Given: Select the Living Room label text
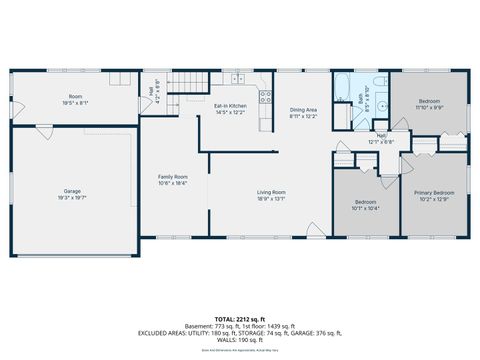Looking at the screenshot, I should tap(271, 192).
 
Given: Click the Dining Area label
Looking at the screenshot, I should tap(304, 110).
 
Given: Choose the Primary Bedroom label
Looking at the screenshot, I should tap(436, 192).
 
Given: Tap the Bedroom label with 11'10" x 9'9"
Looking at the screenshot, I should tap(428, 102).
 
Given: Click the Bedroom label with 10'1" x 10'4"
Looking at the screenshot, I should tap(364, 203).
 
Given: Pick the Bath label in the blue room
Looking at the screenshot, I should tap(362, 98).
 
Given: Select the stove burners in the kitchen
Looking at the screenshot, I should tap(266, 97).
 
